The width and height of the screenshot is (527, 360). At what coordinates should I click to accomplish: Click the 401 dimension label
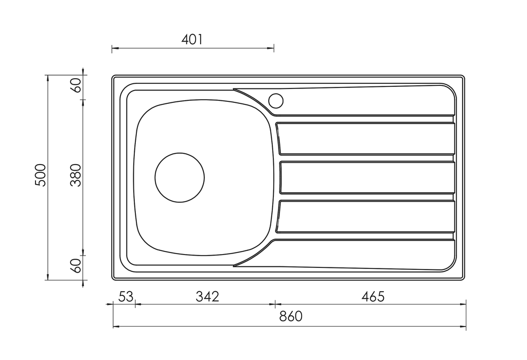point(192,40)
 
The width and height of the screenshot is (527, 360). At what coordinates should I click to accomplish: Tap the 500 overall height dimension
point(40,175)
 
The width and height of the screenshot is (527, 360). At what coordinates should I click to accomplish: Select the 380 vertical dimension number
point(76,175)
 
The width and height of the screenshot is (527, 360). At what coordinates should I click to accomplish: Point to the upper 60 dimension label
point(76,85)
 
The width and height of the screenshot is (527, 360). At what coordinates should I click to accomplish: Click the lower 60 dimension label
point(76,266)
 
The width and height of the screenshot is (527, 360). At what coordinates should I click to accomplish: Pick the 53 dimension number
point(126,297)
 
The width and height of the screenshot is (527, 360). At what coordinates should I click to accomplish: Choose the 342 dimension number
point(207,297)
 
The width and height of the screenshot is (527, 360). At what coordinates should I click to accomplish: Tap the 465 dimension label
point(373,297)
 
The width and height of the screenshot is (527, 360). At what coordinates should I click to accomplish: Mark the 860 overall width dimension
point(291,316)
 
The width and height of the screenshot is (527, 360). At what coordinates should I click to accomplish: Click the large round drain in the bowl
point(180,177)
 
